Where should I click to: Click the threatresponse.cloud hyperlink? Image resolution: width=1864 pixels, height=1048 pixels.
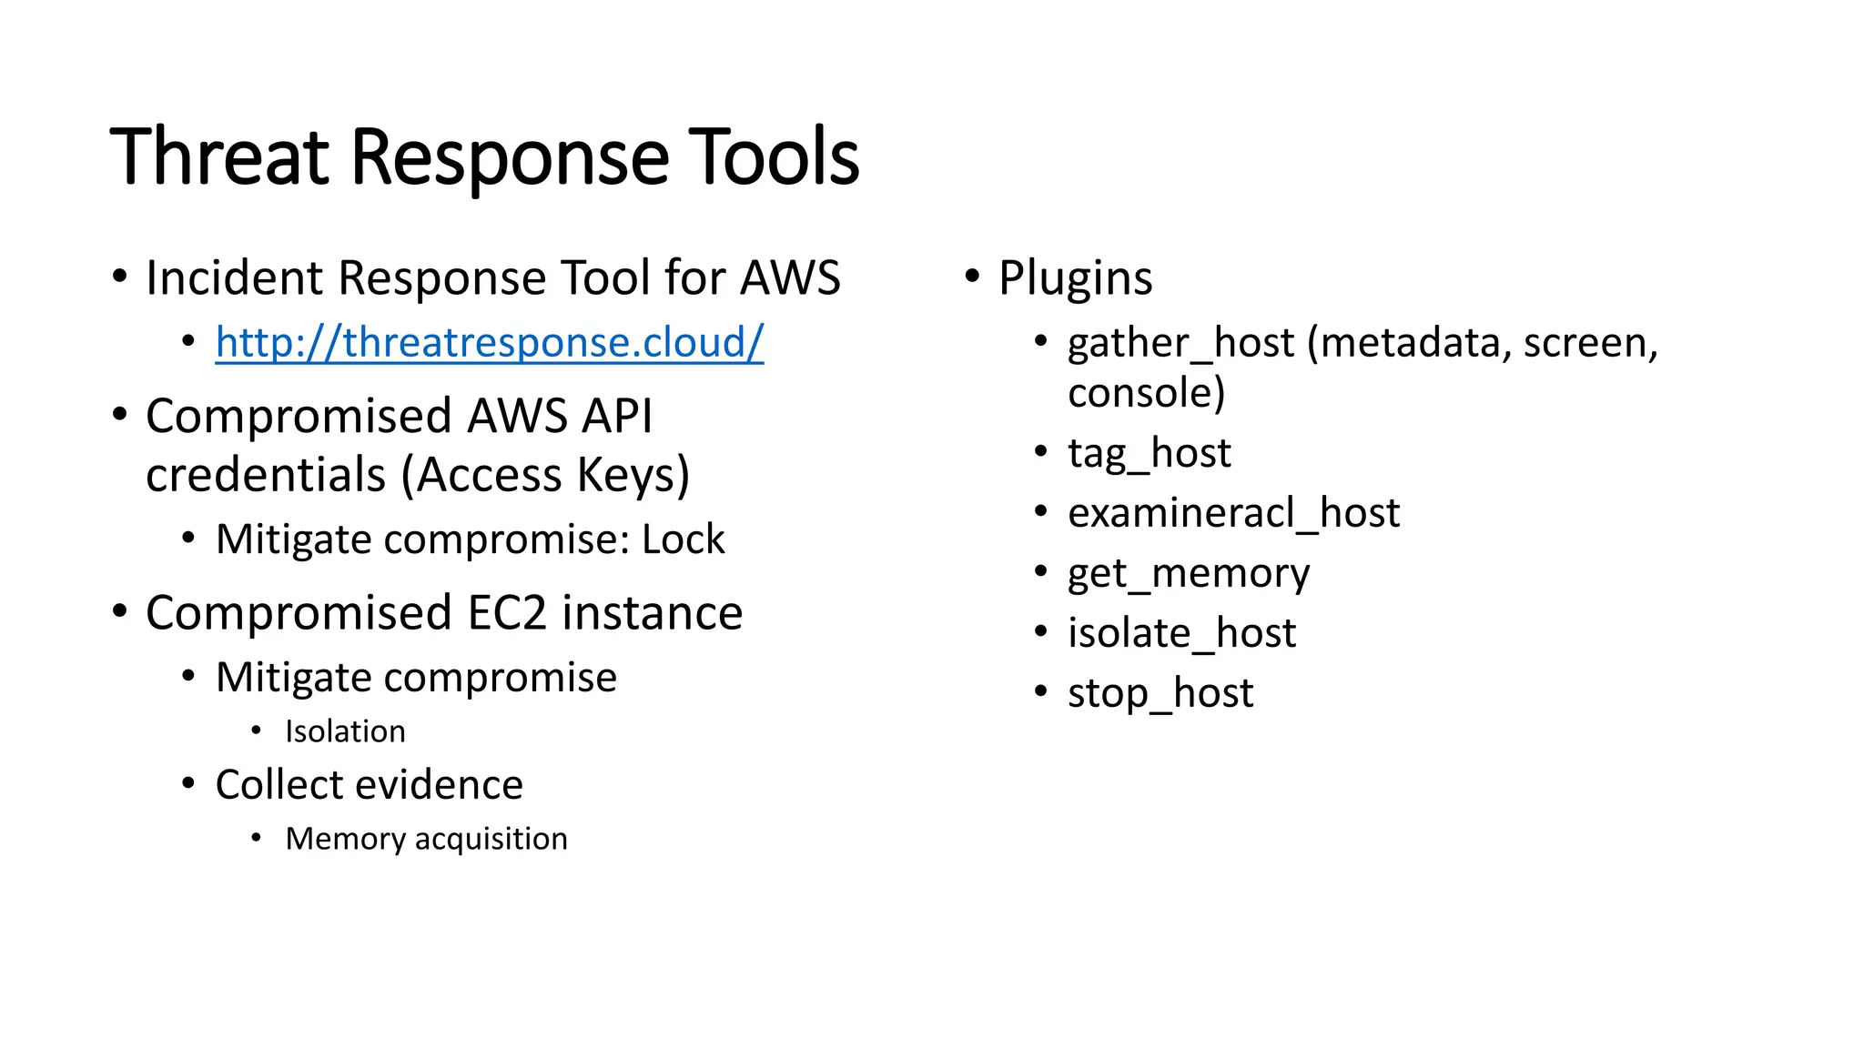[489, 343]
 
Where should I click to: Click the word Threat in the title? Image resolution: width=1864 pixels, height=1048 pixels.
[218, 156]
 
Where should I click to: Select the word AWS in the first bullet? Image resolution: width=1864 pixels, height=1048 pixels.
[790, 277]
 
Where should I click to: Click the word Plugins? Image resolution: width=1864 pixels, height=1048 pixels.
[1075, 277]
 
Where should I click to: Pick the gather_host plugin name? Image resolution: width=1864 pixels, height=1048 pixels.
[1180, 344]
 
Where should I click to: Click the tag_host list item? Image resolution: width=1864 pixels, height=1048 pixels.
[1149, 453]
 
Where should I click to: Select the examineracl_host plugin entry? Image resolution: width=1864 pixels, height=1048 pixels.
[1233, 513]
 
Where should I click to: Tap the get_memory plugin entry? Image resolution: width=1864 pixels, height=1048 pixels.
[1189, 573]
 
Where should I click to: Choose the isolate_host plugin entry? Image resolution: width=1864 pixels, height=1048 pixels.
[1181, 633]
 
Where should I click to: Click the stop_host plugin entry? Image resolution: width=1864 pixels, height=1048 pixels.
[1160, 693]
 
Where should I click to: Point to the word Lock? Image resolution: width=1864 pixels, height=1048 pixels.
[683, 539]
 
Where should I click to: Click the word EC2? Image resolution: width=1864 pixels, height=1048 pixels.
[508, 613]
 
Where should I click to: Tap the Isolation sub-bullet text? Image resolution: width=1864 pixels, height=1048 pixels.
[345, 731]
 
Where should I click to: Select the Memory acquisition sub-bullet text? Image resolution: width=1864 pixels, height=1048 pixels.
[426, 839]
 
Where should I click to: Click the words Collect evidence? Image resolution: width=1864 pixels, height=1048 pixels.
[369, 785]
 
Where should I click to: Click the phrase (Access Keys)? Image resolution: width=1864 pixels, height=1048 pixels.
[545, 475]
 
